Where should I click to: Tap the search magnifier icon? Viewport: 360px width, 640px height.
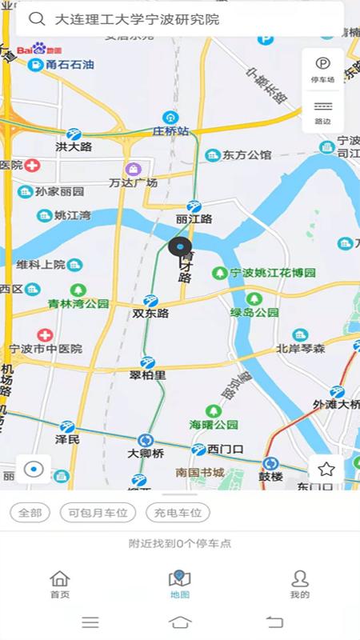36,18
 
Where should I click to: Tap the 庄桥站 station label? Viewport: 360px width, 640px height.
171,130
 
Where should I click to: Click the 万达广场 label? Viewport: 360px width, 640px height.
133,182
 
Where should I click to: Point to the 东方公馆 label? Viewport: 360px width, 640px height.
247,155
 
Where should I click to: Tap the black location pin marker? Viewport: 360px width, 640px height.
180,248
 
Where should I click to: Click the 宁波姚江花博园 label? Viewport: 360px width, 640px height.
273,273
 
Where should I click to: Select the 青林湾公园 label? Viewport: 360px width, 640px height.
78,303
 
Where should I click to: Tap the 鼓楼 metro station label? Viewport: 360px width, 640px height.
270,476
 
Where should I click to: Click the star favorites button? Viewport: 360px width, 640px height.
326,470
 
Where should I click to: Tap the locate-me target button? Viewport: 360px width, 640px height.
34,470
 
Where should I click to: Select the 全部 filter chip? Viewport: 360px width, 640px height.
30,513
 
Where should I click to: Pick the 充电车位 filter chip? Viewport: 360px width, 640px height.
174,513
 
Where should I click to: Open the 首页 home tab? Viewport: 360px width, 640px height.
60,585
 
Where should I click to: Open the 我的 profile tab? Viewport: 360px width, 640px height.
300,585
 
